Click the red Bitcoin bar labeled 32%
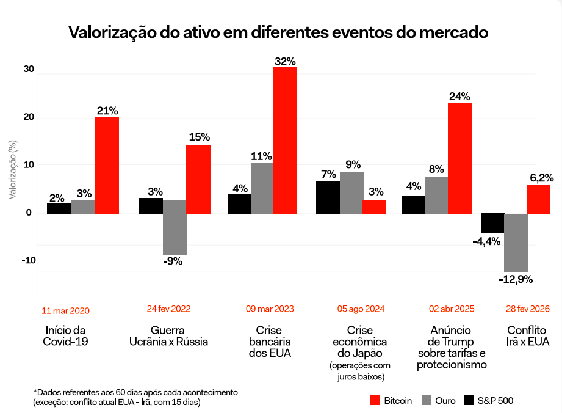[x=285, y=141]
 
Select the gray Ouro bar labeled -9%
[x=175, y=227]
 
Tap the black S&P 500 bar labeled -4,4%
[x=492, y=223]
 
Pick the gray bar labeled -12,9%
[x=516, y=243]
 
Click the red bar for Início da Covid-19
[x=107, y=165]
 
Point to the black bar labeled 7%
[x=328, y=197]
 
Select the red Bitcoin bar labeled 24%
[x=459, y=158]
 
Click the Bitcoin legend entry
[x=391, y=401]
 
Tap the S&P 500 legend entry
[x=488, y=401]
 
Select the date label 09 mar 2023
[x=270, y=309]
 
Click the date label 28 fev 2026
[x=528, y=309]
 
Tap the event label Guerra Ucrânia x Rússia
[x=168, y=335]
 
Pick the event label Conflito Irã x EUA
[x=527, y=335]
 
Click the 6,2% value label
[x=540, y=178]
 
